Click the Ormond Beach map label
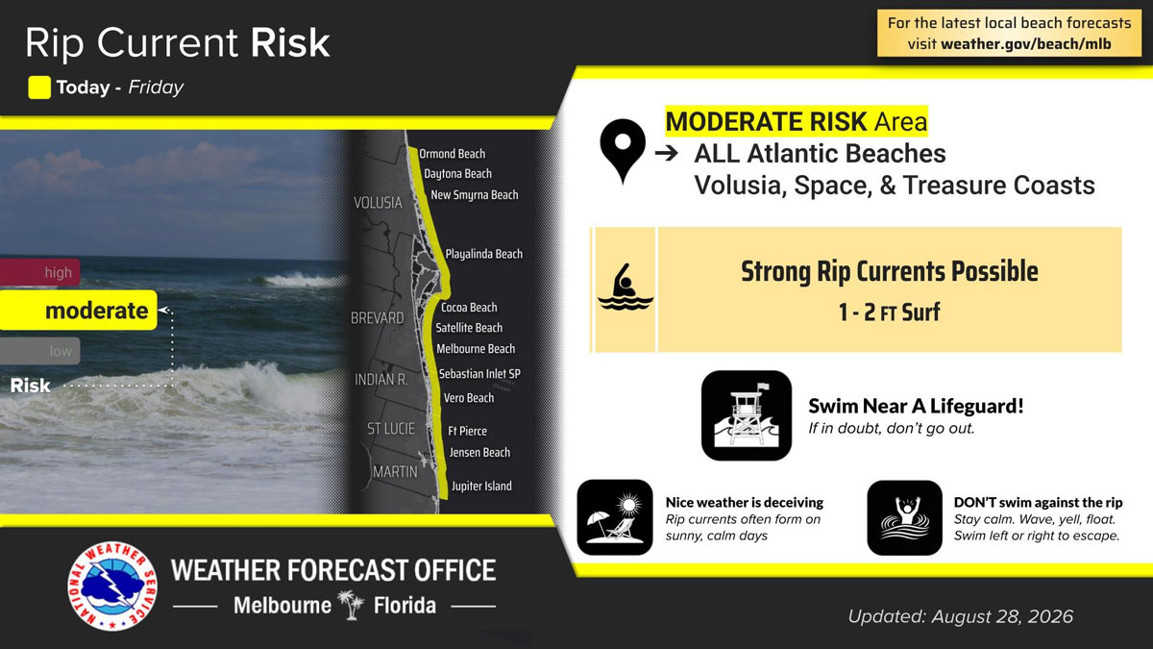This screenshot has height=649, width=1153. pos(452,154)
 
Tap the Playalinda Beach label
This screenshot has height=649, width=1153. pos(484,254)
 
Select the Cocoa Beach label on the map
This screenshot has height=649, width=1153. pos(469,308)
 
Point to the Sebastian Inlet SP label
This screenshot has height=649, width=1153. pos(479,374)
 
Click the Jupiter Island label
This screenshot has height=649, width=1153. pos(481,487)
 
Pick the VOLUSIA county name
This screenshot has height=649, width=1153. pos(378,203)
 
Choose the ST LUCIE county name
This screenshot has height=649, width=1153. pos(391,429)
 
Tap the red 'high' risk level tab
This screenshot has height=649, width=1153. pos(40,272)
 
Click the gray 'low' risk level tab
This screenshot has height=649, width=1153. pos(40,351)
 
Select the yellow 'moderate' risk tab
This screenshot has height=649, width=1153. pos(78,310)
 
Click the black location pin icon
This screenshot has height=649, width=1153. pos(623,150)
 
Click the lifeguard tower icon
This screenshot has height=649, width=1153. pos(747,415)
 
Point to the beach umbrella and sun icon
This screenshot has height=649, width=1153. pos(615,517)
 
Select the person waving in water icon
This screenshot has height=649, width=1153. pos(904,517)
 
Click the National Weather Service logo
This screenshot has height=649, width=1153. pos(112,587)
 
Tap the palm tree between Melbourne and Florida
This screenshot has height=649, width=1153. pos(352,605)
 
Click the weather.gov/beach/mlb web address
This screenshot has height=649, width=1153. pos(1026,44)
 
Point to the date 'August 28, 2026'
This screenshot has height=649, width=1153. pos(1002,616)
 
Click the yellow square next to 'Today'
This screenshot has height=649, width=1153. pos(39,87)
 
